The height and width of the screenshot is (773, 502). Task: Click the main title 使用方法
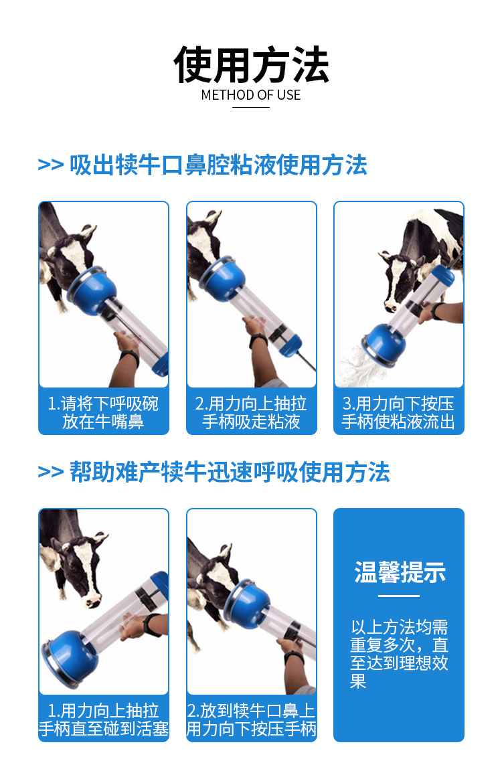coord(251,65)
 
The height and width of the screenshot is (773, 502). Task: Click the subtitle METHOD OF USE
coord(251,95)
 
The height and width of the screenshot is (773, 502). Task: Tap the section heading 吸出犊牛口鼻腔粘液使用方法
coord(218,165)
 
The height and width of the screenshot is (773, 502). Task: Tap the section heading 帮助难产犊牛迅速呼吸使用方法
coord(230,472)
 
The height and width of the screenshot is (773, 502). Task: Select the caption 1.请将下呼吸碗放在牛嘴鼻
coord(103,413)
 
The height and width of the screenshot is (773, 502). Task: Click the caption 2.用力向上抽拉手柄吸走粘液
coord(251,413)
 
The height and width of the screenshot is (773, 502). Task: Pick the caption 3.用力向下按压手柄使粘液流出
coord(398,413)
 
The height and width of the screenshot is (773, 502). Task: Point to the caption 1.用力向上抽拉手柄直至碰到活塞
coord(103,720)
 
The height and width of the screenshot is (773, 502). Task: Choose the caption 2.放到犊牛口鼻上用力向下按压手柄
coord(251,720)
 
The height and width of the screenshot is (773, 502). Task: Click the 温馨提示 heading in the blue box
coord(399,573)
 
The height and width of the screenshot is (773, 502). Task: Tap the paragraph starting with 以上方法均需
coord(399,654)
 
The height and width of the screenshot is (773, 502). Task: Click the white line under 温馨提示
coord(399,596)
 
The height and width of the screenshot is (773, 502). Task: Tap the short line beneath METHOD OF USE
coord(251,107)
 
